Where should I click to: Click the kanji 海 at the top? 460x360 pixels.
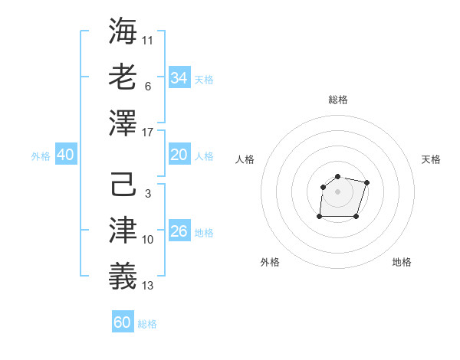122,31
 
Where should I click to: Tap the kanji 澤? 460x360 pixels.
122,123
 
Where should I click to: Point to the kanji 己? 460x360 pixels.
122,186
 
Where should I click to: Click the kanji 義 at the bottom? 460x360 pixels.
122,277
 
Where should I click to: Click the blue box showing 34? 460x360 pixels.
179,77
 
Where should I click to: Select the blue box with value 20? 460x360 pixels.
179,155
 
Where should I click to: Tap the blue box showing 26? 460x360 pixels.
179,231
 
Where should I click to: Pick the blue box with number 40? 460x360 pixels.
65,155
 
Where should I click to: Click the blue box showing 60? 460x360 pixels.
122,322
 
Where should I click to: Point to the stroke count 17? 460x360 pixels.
148,133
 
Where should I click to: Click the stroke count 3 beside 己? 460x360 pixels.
147,194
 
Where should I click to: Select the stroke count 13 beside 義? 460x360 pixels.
148,286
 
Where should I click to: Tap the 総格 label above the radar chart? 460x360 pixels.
337,100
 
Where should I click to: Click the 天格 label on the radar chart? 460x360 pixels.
431,159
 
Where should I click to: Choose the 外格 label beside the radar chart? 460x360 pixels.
270,262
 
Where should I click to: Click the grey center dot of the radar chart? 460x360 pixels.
337,191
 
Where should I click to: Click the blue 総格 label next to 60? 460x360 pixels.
147,324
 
